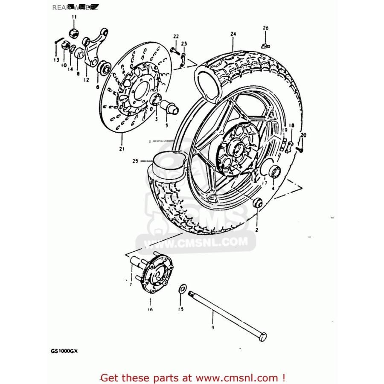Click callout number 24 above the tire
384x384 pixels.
click(x=233, y=34)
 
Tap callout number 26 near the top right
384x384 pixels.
click(x=265, y=28)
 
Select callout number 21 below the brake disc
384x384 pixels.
click(x=122, y=148)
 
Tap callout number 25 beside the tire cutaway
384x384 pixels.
click(x=135, y=161)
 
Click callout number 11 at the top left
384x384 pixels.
click(x=74, y=17)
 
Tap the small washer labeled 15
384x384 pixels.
click(x=182, y=288)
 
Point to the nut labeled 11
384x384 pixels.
click(x=74, y=33)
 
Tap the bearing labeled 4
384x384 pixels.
click(x=274, y=172)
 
